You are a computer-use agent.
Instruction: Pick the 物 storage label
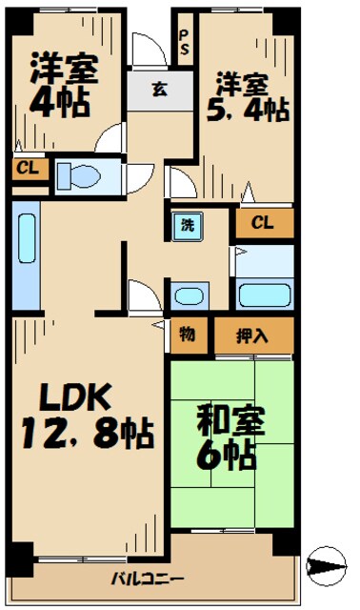(186, 335)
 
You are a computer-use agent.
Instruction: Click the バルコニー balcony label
(148, 579)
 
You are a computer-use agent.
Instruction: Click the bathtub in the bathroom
(263, 294)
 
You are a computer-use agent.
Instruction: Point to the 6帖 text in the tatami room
(226, 456)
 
